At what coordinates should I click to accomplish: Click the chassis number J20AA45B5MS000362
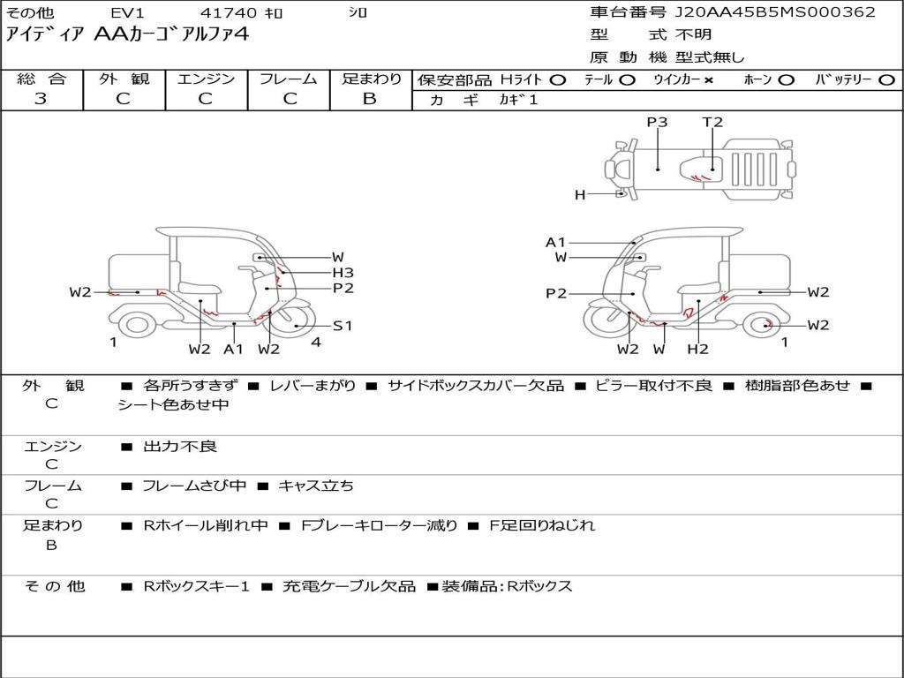(x=775, y=12)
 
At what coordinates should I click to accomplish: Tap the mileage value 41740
(x=229, y=12)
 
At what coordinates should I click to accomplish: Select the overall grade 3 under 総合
(x=41, y=99)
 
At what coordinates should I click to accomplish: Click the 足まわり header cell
(x=371, y=79)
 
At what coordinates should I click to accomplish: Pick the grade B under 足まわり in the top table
(x=370, y=99)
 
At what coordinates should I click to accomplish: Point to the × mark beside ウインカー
(x=708, y=80)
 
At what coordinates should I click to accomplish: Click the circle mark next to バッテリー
(x=886, y=80)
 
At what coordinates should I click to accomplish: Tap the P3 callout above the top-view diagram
(x=657, y=122)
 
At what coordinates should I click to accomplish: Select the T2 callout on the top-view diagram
(x=712, y=122)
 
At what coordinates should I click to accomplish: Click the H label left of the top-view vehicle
(x=580, y=195)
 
